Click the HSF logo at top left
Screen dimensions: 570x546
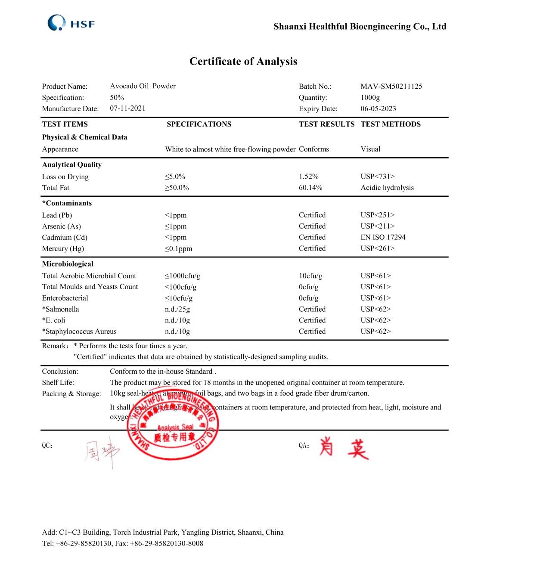[x=71, y=23]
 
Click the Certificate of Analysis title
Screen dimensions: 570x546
[x=243, y=62]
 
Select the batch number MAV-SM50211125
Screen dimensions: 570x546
[x=391, y=86]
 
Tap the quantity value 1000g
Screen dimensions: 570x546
[x=370, y=97]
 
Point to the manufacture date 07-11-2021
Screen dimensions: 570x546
[x=127, y=108]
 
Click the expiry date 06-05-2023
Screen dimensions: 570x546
[x=378, y=108]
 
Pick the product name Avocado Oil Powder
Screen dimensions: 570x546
[x=143, y=86]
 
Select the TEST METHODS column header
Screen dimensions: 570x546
[x=390, y=124]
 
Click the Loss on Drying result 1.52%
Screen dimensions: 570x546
[x=308, y=177]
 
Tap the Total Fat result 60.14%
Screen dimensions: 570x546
[x=310, y=188]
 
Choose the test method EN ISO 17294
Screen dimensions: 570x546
[x=383, y=237]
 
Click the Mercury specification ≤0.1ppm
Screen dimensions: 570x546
[x=178, y=248]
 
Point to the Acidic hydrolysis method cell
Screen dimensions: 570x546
[x=387, y=188]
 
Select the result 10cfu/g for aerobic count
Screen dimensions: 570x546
[x=310, y=276]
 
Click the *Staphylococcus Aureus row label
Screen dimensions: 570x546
[x=79, y=331]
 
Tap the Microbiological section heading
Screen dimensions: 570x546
[x=68, y=264]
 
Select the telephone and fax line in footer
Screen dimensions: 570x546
[x=122, y=543]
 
